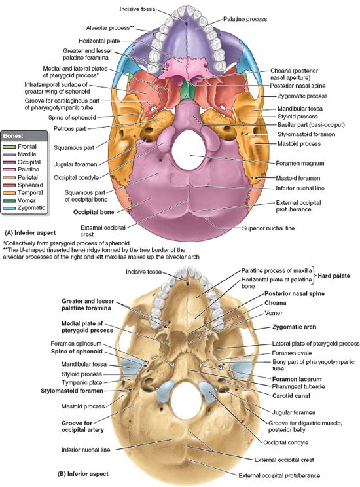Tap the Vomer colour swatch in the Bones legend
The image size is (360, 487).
click(10, 200)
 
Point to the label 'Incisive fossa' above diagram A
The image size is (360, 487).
click(138, 9)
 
